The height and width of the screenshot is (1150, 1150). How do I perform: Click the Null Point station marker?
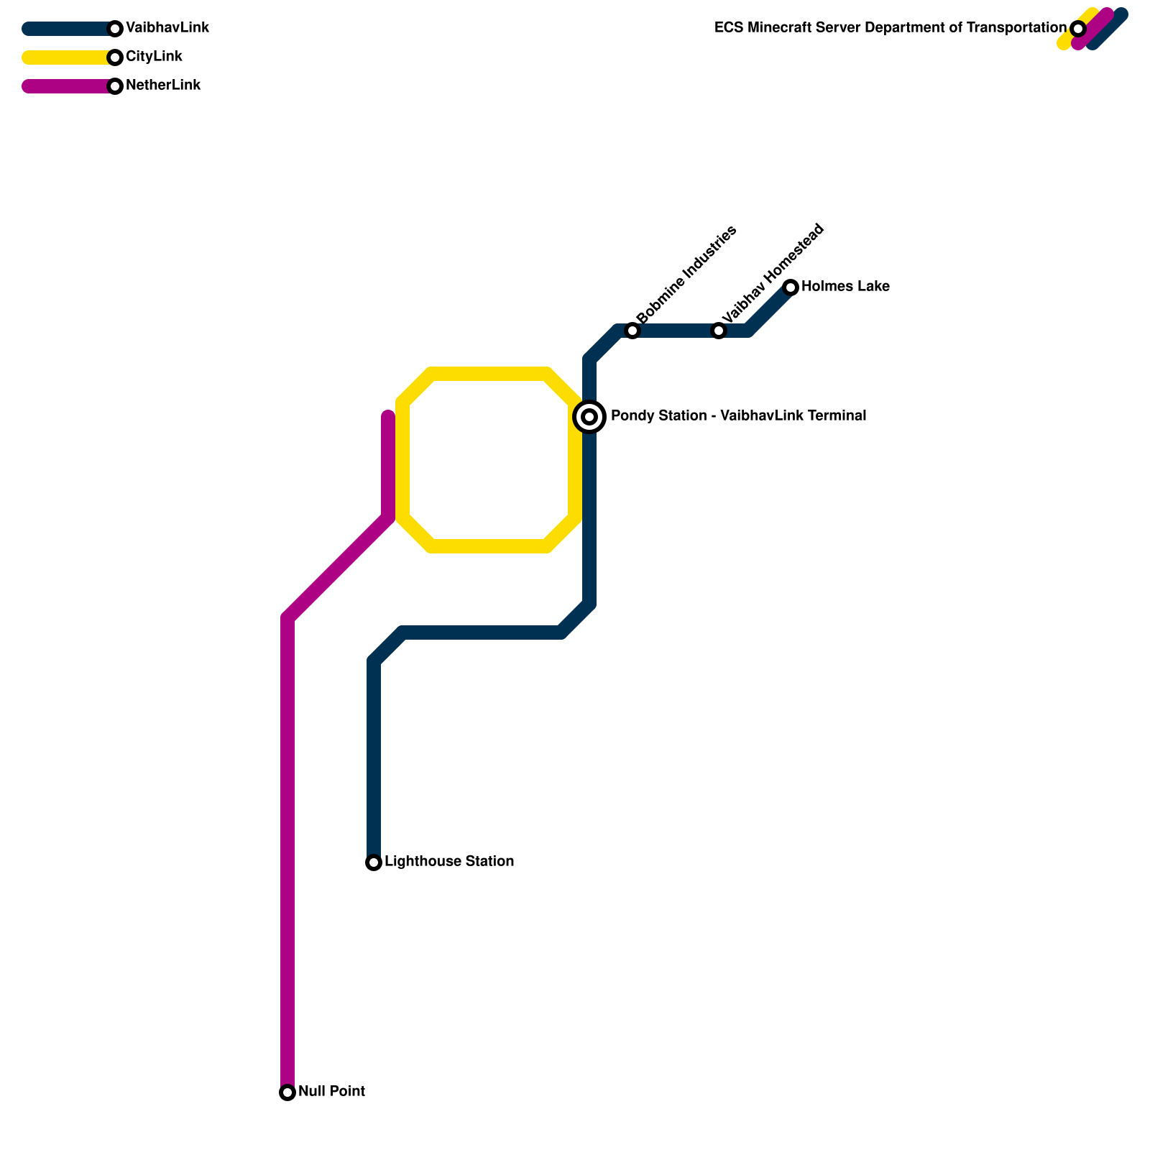click(287, 1092)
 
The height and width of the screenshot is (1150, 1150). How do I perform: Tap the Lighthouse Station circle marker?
click(374, 862)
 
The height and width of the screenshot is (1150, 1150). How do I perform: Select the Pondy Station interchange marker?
click(589, 417)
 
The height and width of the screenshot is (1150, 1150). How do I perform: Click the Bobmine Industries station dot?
click(632, 331)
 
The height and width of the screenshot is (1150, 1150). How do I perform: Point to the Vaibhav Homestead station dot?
click(719, 331)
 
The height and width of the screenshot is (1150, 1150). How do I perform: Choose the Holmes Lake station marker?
click(791, 287)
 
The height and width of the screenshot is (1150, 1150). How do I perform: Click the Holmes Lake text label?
click(845, 287)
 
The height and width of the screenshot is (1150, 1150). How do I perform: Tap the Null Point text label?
click(331, 1092)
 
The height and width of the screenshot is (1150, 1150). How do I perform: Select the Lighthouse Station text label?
click(449, 862)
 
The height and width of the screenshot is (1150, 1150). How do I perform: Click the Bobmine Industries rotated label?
click(686, 275)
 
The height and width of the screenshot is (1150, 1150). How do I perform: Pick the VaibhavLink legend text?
click(167, 28)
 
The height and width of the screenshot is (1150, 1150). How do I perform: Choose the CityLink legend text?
click(154, 57)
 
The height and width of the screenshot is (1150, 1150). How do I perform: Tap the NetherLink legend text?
click(163, 86)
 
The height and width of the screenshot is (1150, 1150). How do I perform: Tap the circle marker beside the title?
click(1077, 29)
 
